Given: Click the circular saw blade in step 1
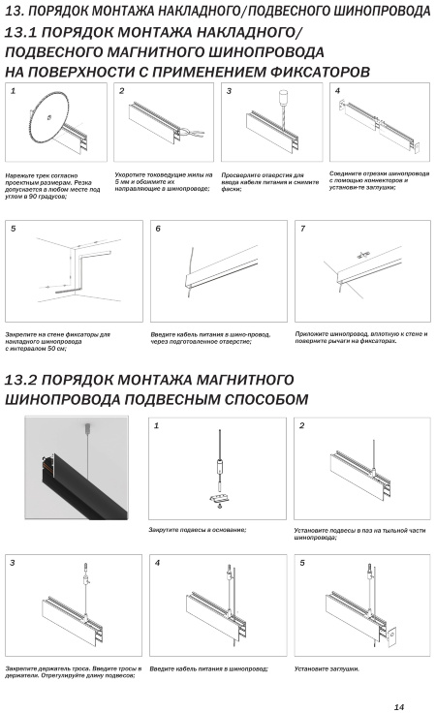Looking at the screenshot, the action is pyautogui.click(x=50, y=116).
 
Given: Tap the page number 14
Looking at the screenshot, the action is pyautogui.click(x=399, y=706).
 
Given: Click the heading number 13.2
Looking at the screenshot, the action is pyautogui.click(x=22, y=380).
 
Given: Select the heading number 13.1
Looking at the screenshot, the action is pyautogui.click(x=22, y=33).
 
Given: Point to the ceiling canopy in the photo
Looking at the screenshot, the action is pyautogui.click(x=87, y=427).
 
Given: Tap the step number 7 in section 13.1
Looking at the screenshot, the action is pyautogui.click(x=303, y=229).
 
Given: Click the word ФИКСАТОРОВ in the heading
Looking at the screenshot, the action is pyautogui.click(x=320, y=72).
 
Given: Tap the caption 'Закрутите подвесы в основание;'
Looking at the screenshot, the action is pyautogui.click(x=198, y=530).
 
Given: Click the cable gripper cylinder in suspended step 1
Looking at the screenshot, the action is pyautogui.click(x=220, y=467).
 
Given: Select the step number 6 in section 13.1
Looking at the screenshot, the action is pyautogui.click(x=158, y=229).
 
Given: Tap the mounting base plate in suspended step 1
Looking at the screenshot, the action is pyautogui.click(x=220, y=499).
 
